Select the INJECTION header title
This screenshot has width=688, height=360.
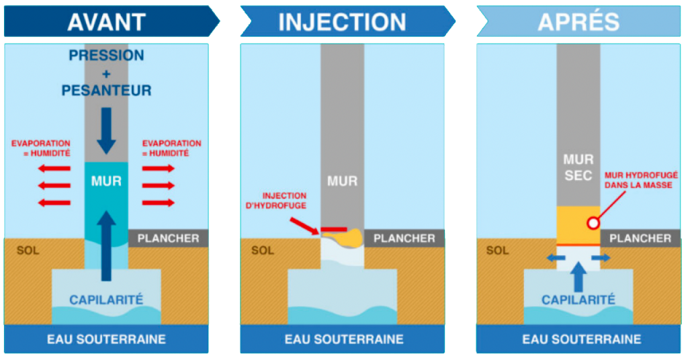(342, 21)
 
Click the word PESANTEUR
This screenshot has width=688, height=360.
(106, 90)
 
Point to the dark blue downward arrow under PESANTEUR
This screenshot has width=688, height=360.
(106, 129)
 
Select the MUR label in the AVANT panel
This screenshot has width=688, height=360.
(106, 181)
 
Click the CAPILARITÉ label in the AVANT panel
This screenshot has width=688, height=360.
(106, 300)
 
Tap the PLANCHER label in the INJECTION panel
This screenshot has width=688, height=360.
(404, 238)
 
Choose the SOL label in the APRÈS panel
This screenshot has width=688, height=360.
(497, 251)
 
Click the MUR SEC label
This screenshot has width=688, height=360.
(578, 167)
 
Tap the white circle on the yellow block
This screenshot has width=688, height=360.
(592, 223)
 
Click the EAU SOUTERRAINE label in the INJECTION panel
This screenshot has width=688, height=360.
(342, 339)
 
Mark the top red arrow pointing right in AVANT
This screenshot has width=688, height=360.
(159, 168)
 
